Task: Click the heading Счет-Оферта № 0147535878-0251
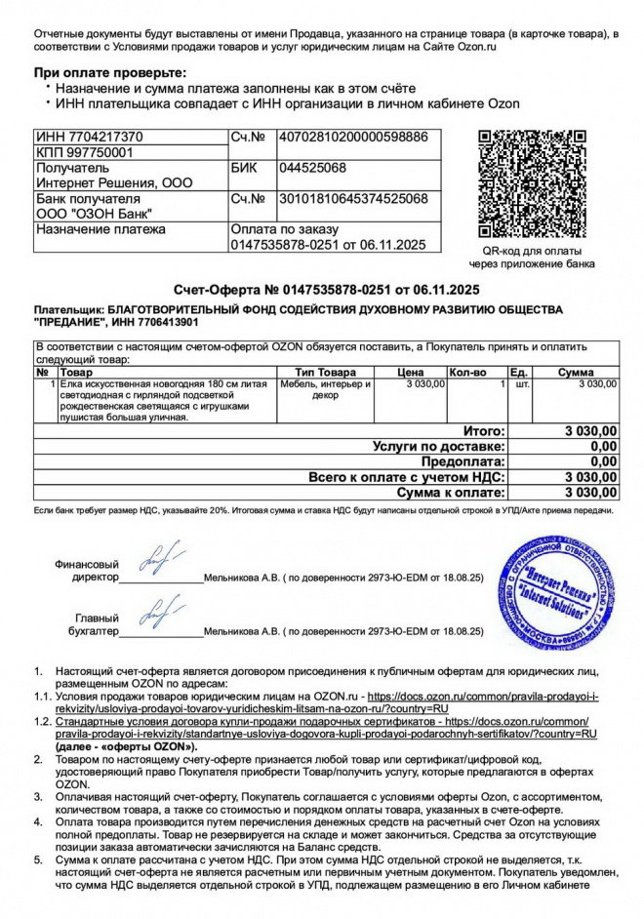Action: click(x=321, y=290)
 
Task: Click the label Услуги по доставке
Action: click(x=439, y=446)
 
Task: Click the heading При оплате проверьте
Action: click(x=109, y=73)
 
